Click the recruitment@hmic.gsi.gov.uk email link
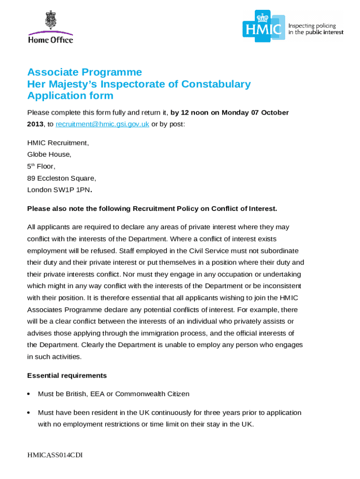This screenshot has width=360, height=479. pos(102,124)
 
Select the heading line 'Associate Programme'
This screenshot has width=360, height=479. pos(85,72)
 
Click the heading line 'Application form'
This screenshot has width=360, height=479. pos(70,96)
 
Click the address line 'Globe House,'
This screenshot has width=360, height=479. pos(49,154)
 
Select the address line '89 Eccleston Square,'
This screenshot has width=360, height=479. pos(62,178)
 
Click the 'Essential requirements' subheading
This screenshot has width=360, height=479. pos(67,376)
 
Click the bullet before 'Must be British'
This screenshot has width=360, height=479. pos(29,394)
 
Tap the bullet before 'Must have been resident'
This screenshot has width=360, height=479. pos(29,413)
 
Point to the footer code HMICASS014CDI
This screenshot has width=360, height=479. pos(55,455)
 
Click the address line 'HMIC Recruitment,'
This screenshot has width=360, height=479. pos(58,143)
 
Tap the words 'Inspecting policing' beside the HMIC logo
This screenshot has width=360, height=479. pos(312,26)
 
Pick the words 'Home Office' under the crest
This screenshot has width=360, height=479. pos(50,40)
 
